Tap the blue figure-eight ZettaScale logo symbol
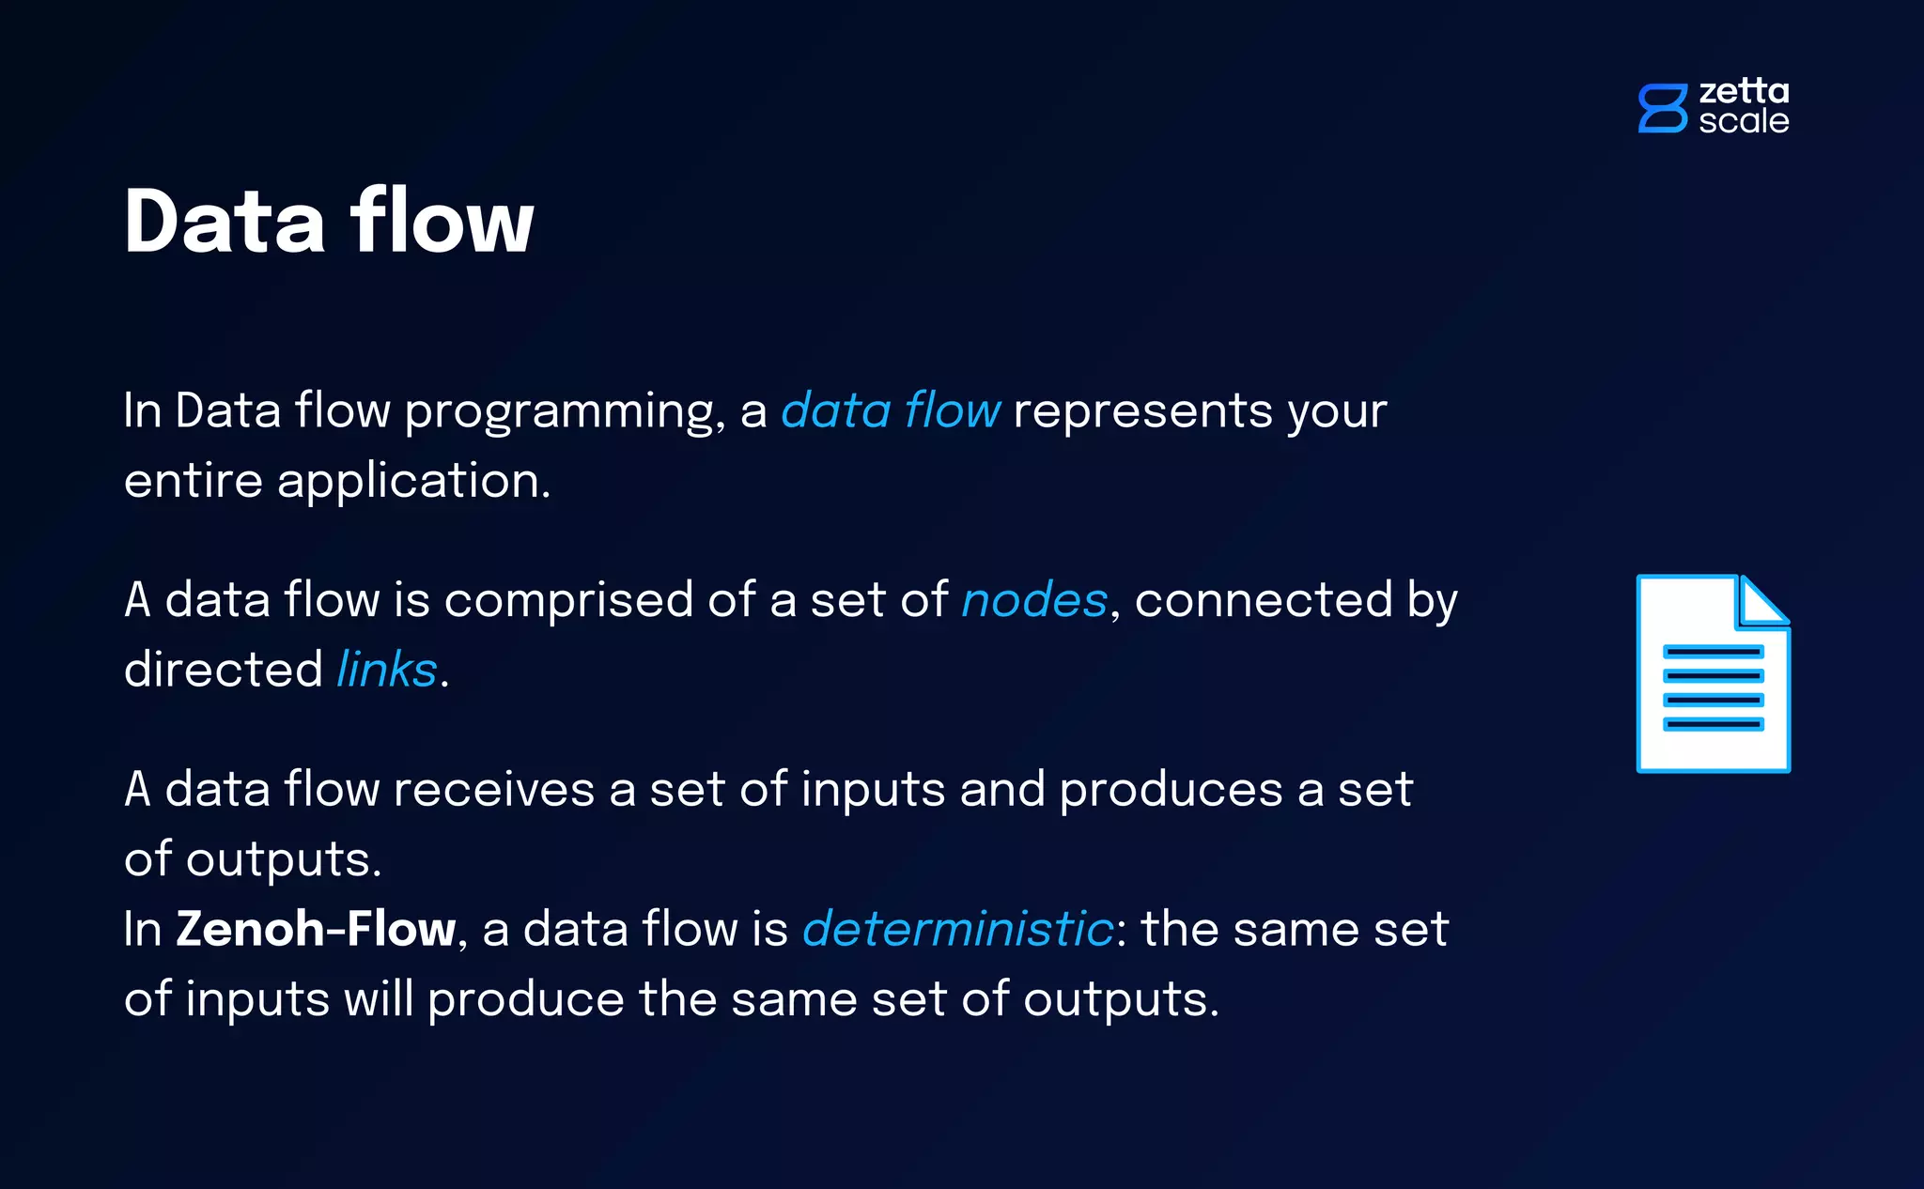[x=1662, y=108]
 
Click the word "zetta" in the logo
[x=1744, y=92]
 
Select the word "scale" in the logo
[x=1744, y=121]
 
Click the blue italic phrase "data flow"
[x=891, y=411]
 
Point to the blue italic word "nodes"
[x=1034, y=600]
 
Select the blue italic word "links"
[x=387, y=670]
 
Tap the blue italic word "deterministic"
[x=958, y=929]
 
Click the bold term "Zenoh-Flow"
[x=316, y=929]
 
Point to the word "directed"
[x=224, y=670]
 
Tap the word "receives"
[x=494, y=789]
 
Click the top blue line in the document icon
[x=1713, y=652]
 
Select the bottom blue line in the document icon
[x=1713, y=724]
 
